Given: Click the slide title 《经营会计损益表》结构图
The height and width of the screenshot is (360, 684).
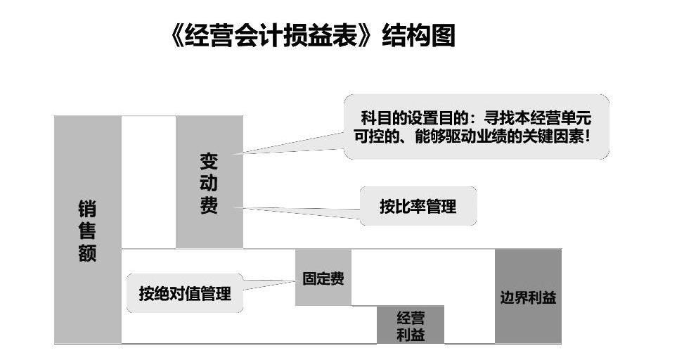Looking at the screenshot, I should coord(314,35).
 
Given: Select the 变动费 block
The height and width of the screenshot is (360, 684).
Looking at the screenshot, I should coord(209,182).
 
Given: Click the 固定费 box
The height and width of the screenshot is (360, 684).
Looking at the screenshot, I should coord(323,278).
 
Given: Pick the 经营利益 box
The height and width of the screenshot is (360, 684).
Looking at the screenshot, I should coord(411,326).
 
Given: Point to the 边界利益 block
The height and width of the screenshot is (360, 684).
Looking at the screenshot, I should coord(527,296).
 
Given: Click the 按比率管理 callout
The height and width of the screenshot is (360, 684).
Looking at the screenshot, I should coord(418,207).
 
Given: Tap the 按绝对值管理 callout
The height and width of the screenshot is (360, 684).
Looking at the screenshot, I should coord(184,293).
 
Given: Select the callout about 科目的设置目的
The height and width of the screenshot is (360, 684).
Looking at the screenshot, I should coord(475,127).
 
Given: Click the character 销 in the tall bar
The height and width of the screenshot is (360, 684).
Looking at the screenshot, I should coord(87,209).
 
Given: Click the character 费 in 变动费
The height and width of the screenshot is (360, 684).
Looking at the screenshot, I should coord(209,206).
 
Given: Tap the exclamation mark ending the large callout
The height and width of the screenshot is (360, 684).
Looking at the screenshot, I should coord(588,137).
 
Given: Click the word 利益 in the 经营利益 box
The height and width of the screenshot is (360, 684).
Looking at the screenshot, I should coord(411,335).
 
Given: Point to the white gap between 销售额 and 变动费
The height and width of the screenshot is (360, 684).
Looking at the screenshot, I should coord(148,182).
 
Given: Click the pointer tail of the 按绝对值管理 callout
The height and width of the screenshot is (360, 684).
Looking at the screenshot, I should coord(271,285).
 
